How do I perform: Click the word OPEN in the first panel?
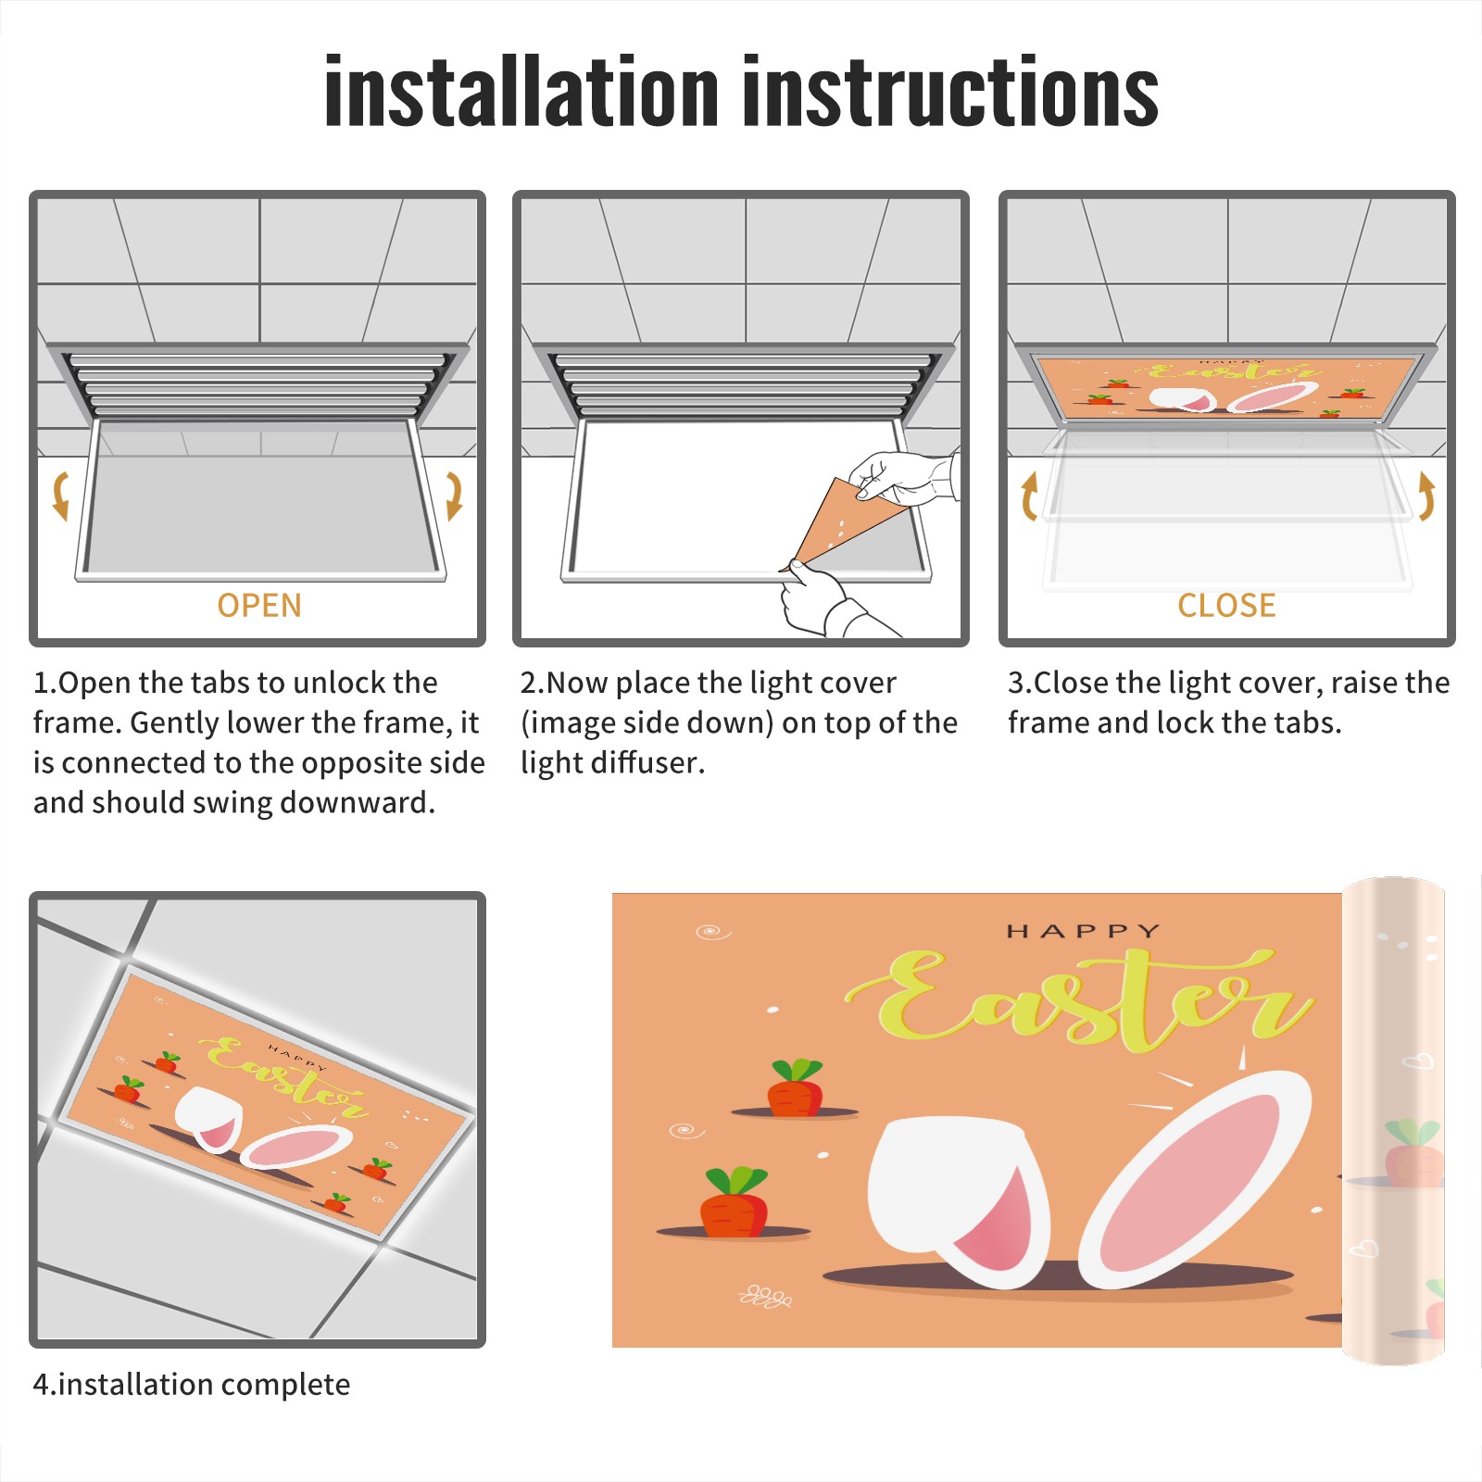coord(259,605)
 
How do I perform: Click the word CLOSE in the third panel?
coord(1226,605)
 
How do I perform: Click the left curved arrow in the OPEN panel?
coord(61,496)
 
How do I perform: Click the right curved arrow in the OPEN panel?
coord(454,496)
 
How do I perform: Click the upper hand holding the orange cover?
coord(904,478)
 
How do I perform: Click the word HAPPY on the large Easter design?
coord(1084,931)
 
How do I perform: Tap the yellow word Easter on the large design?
coord(1079,1000)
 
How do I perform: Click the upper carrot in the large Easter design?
coord(795,1088)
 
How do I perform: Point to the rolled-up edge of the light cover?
coord(1393,1121)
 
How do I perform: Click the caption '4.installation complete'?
coord(192,1384)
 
